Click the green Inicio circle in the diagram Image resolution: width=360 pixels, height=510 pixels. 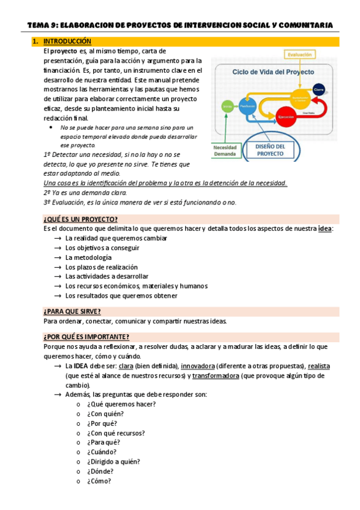[x=228, y=106]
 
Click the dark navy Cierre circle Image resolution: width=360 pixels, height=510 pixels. [x=319, y=88]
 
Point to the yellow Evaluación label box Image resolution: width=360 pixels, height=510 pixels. [x=299, y=55]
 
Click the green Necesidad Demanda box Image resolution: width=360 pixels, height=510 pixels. [x=225, y=150]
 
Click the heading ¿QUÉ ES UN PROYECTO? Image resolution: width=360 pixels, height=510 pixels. [x=80, y=219]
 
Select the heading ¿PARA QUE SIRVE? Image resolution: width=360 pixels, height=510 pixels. [x=72, y=311]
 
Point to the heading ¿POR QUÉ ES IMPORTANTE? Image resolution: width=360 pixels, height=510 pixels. [x=86, y=337]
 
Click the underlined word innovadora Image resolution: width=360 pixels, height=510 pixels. [x=197, y=366]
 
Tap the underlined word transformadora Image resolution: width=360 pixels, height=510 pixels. [x=215, y=375]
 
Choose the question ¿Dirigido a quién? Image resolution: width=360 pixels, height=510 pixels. [x=113, y=462]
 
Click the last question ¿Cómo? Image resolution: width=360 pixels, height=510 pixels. [x=99, y=481]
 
